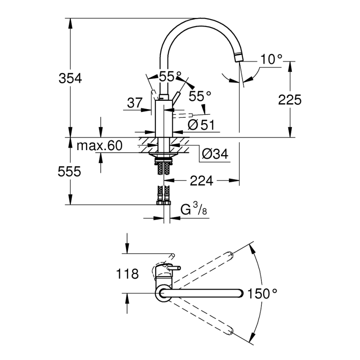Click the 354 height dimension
pyautogui.click(x=71, y=78)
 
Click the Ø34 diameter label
pyautogui.click(x=215, y=154)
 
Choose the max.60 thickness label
pyautogui.click(x=100, y=146)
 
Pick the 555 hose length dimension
pyautogui.click(x=69, y=171)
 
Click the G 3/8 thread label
pyautogui.click(x=193, y=210)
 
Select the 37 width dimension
pyautogui.click(x=134, y=103)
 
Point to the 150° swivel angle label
pyautogui.click(x=262, y=294)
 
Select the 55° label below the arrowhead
pyautogui.click(x=200, y=96)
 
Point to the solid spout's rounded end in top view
pyautogui.click(x=239, y=293)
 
